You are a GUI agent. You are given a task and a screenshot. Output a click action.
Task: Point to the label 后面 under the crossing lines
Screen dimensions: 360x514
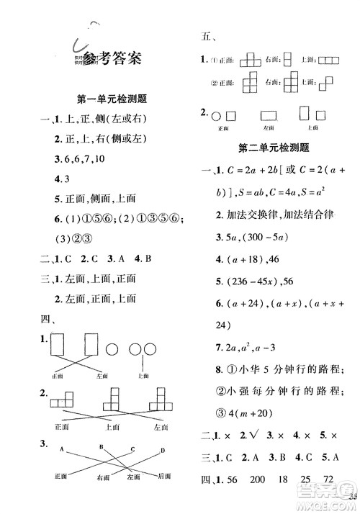(165, 476)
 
